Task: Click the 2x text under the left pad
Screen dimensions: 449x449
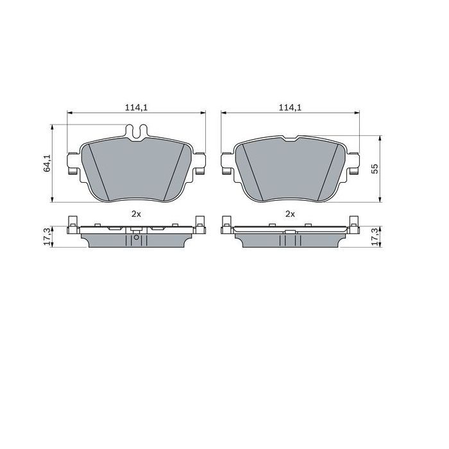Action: pos(136,214)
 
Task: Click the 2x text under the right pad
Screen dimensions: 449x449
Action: pos(290,214)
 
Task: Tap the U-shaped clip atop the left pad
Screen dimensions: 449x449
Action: pos(136,132)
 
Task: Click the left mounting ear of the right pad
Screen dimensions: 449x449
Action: pos(225,163)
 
